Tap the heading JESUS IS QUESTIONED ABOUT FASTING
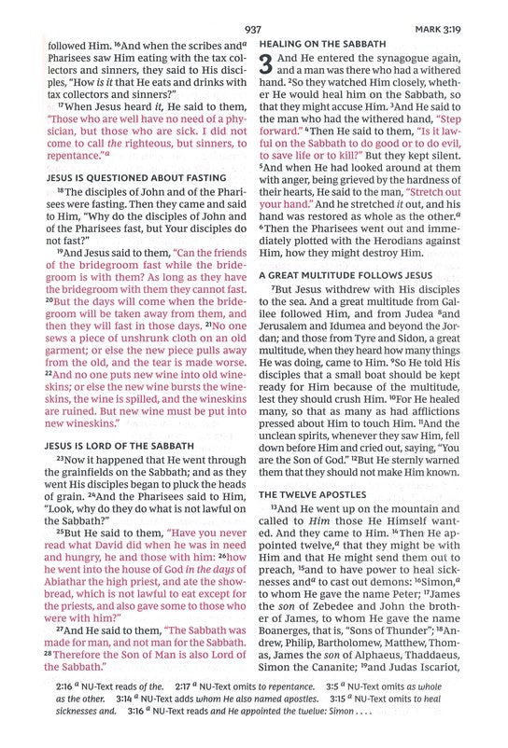tap(135, 177)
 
